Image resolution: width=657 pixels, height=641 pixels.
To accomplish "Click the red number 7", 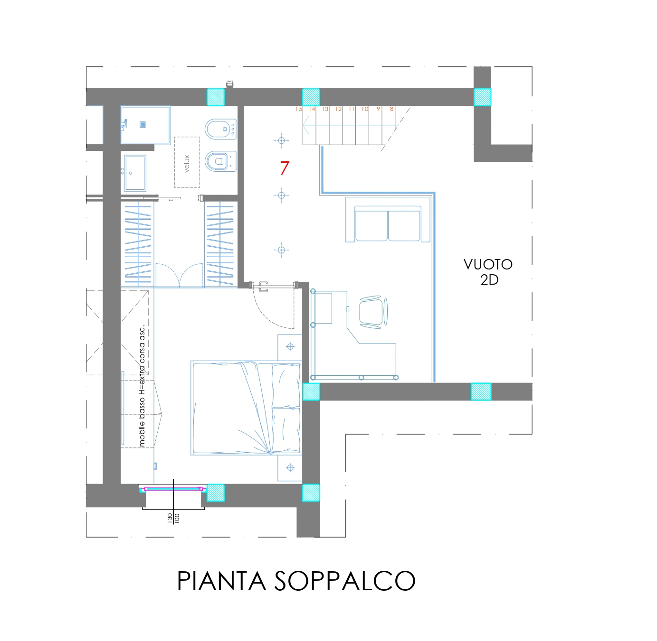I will (x=285, y=168).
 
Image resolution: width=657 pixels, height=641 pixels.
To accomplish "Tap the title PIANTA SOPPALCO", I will (x=296, y=581).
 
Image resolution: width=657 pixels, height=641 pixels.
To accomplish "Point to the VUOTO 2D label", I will (x=488, y=272).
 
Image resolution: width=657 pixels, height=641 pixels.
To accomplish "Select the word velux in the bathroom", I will (x=187, y=163).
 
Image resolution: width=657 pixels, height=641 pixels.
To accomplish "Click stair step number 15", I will (x=298, y=109).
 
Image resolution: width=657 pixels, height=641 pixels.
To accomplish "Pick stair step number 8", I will (x=391, y=109).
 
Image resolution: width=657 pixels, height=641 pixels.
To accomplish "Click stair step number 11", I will (x=352, y=109).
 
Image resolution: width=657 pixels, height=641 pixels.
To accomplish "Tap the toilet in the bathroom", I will (x=220, y=161).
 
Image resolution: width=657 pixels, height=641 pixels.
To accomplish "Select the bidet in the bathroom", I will (x=220, y=129).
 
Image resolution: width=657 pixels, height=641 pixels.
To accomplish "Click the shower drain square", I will (x=143, y=124).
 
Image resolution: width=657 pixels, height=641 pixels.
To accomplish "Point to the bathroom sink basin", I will (x=135, y=173).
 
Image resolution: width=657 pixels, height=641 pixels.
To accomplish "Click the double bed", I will (x=246, y=408).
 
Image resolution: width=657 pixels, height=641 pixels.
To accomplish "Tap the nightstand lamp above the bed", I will (x=290, y=347).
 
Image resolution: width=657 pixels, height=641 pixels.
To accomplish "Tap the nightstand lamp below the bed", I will (x=290, y=468).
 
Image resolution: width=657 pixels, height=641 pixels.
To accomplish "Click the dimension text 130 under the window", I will (x=170, y=518).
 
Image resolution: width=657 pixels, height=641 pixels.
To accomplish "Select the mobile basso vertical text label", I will (x=142, y=385).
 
